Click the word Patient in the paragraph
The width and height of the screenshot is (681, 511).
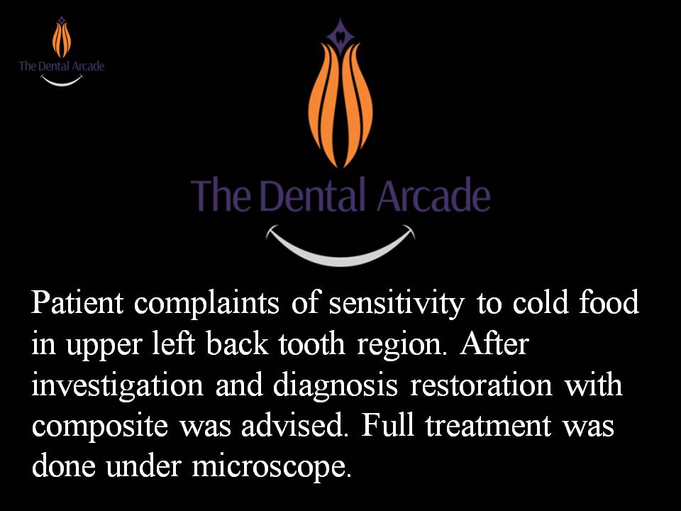point(77,302)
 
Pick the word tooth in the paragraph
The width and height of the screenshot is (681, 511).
point(312,344)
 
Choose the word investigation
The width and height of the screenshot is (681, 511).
point(117,387)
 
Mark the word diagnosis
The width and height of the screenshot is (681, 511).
point(336,387)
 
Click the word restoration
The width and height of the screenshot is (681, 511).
point(481,385)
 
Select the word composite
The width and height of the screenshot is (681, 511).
point(99,427)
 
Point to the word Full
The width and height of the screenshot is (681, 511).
point(387,425)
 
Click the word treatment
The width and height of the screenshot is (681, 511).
point(488,426)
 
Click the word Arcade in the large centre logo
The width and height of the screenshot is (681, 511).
point(434,196)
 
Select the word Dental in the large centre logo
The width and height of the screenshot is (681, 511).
point(313,196)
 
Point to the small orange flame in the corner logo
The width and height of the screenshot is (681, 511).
point(62,40)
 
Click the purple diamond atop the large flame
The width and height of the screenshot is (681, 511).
point(340,34)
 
